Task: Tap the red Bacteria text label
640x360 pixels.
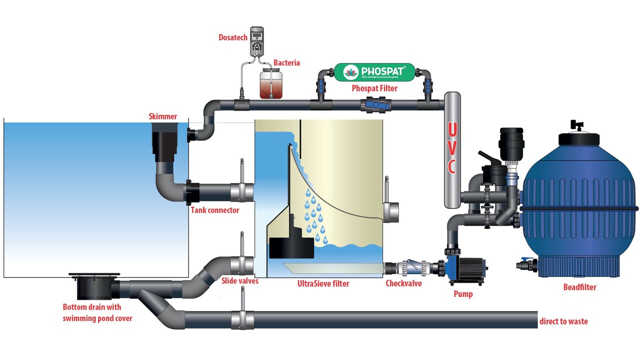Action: (286, 63)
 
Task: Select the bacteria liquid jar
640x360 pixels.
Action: (270, 84)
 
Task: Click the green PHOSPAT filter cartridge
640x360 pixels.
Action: (374, 72)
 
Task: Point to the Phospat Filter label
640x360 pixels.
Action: (374, 88)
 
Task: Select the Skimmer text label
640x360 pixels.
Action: (162, 116)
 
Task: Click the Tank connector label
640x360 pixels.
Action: (214, 210)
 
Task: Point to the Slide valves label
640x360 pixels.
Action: (240, 281)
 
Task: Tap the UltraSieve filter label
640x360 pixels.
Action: (323, 283)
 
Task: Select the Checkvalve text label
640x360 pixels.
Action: (403, 283)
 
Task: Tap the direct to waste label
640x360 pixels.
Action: (563, 321)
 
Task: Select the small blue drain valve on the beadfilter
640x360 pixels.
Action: (525, 262)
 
